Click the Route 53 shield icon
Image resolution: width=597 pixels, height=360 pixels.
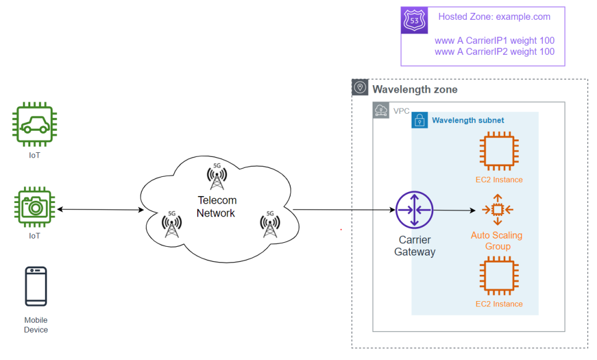pyautogui.click(x=415, y=21)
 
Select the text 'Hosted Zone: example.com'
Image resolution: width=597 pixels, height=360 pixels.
pyautogui.click(x=494, y=17)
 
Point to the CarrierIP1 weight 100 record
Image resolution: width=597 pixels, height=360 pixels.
pyautogui.click(x=494, y=41)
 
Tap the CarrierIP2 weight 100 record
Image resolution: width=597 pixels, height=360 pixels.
pyautogui.click(x=494, y=51)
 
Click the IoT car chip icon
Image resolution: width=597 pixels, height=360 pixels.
pyautogui.click(x=34, y=125)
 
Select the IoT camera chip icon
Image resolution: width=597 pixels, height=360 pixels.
pyautogui.click(x=34, y=207)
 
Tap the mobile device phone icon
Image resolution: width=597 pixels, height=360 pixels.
pyautogui.click(x=36, y=286)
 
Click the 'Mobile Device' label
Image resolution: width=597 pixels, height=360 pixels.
pyautogui.click(x=36, y=325)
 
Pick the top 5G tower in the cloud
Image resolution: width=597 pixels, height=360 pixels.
pyautogui.click(x=216, y=177)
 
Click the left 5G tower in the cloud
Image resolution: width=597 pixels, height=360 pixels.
pyautogui.click(x=171, y=224)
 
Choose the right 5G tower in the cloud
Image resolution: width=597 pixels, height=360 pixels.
pyautogui.click(x=269, y=224)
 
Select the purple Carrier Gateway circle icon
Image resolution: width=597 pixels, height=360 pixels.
pyautogui.click(x=414, y=210)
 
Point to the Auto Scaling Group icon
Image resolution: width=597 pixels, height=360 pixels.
pyautogui.click(x=497, y=210)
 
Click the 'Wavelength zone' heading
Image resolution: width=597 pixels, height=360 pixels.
pyautogui.click(x=415, y=89)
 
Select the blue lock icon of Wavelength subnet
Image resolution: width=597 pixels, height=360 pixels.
pyautogui.click(x=419, y=120)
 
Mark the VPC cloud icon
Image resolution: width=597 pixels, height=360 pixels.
pyautogui.click(x=381, y=111)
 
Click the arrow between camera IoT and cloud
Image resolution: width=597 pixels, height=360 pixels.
pyautogui.click(x=100, y=209)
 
